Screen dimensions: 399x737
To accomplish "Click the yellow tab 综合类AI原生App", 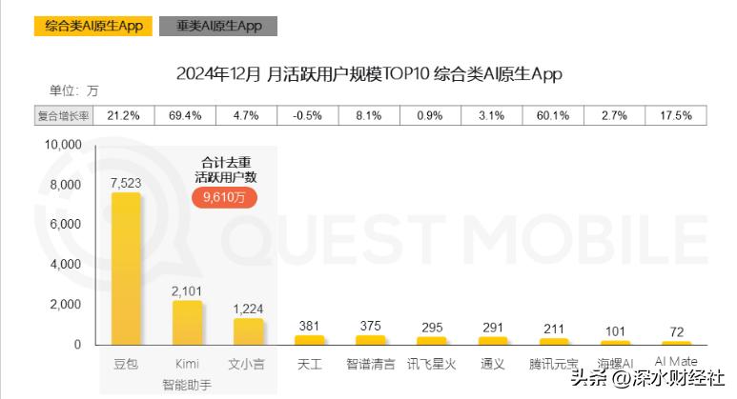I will [x=93, y=26].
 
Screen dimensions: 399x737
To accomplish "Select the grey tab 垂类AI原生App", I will [x=218, y=26].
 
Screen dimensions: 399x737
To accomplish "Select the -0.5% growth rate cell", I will [x=307, y=116].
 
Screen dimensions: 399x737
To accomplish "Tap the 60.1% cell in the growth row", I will [x=553, y=116].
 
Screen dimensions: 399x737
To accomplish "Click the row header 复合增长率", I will [x=63, y=116].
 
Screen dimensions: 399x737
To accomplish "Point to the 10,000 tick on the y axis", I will [x=64, y=145].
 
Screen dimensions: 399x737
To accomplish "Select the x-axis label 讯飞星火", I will [x=432, y=364].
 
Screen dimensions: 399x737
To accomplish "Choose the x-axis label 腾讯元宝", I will [x=554, y=364].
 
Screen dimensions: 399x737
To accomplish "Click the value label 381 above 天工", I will [x=310, y=325].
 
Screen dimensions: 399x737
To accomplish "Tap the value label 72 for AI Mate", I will [x=677, y=331].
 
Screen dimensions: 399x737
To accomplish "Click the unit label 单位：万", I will [x=74, y=92].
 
